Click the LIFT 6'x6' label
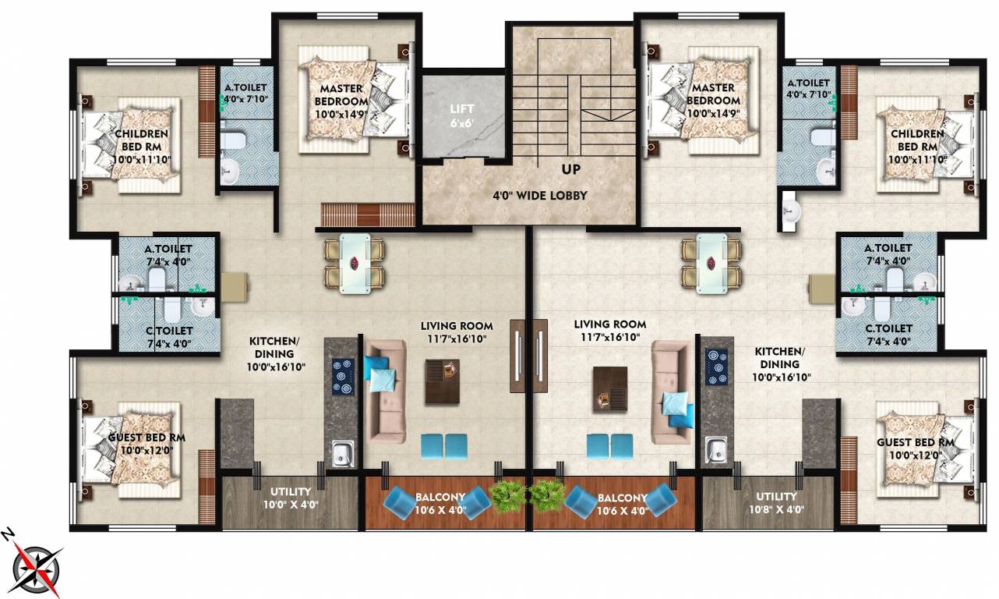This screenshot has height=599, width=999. [x=465, y=115]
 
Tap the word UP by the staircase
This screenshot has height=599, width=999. [x=573, y=168]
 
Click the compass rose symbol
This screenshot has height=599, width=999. [x=36, y=564]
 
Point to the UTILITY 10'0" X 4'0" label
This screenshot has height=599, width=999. [x=291, y=498]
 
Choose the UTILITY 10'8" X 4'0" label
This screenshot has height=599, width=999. [x=776, y=502]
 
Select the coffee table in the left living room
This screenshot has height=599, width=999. [x=442, y=381]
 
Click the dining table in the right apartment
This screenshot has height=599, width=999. [x=711, y=263]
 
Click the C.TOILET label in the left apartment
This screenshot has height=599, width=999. [x=169, y=337]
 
